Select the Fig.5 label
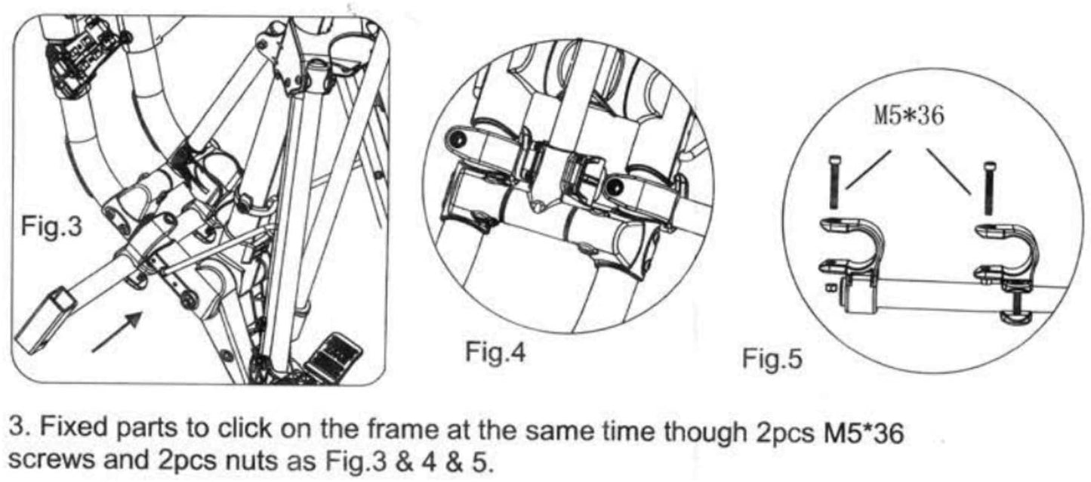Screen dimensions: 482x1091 click(x=772, y=357)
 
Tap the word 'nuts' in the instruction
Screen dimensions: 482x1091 click(x=217, y=460)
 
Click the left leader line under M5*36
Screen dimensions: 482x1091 click(x=868, y=169)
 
